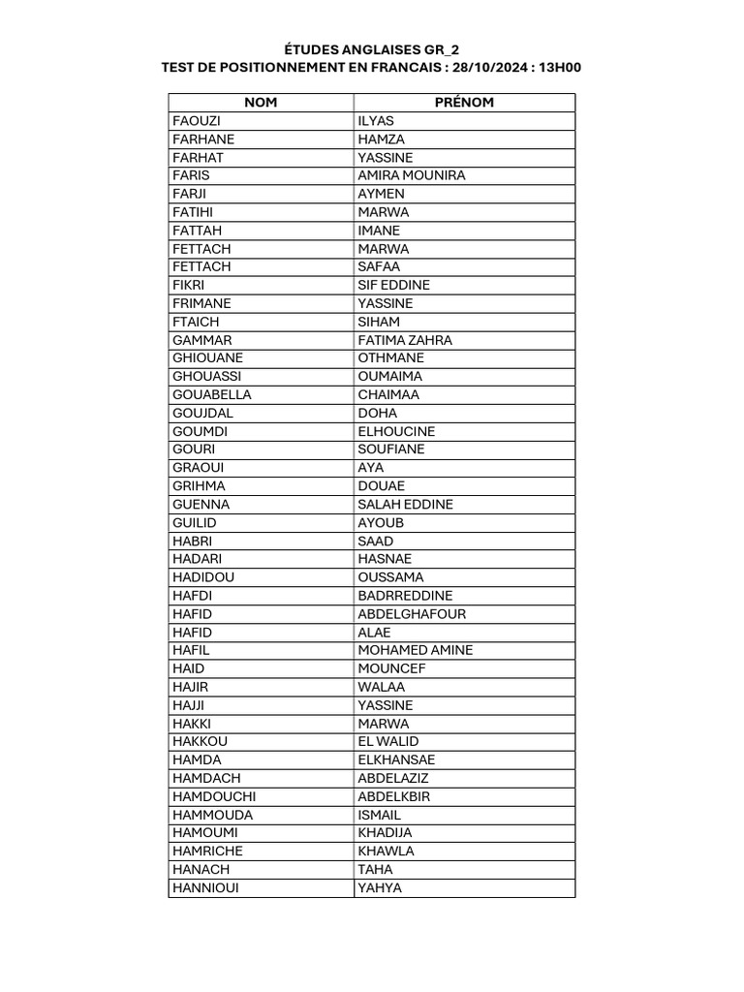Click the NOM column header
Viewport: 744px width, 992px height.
(x=260, y=102)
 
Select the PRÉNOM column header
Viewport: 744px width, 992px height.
(x=465, y=102)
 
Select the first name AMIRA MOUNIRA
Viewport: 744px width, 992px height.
(x=412, y=175)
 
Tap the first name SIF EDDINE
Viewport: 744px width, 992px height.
(x=394, y=285)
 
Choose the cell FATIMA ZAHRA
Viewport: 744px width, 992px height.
(x=405, y=340)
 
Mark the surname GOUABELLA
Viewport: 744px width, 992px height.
(x=211, y=394)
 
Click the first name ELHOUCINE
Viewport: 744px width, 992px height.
(x=396, y=431)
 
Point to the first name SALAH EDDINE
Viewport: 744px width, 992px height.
(x=405, y=505)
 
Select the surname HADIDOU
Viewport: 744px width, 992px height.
(x=203, y=577)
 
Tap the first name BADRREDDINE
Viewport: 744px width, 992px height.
(x=405, y=596)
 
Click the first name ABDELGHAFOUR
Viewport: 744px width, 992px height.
(x=411, y=614)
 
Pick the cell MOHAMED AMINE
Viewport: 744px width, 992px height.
(x=416, y=650)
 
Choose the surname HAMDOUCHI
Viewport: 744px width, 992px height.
(x=214, y=796)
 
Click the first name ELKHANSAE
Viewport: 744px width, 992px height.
(x=396, y=759)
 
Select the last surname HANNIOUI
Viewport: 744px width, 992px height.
(x=204, y=887)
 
